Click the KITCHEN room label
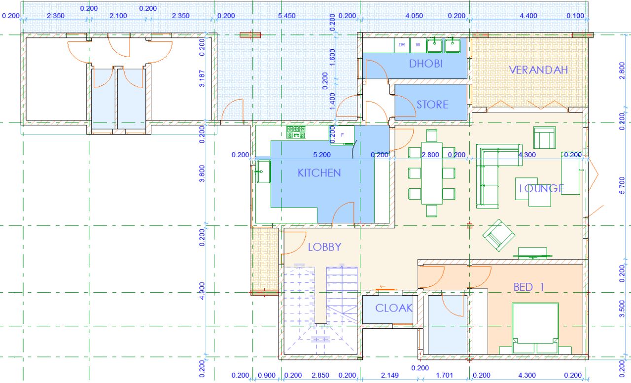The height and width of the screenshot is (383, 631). (x=319, y=173)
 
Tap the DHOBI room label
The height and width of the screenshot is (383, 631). (x=425, y=64)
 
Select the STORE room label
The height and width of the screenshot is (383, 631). (x=432, y=105)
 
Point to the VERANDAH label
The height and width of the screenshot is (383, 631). (x=538, y=70)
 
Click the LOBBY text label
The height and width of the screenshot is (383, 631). (x=324, y=247)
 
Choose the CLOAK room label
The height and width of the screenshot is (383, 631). (x=394, y=308)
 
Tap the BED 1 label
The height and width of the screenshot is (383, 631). (x=528, y=287)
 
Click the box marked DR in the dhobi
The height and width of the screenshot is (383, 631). (x=402, y=45)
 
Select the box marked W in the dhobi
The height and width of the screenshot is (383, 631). (x=418, y=45)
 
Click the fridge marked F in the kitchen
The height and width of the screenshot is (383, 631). (x=342, y=135)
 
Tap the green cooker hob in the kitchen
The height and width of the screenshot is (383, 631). (x=296, y=133)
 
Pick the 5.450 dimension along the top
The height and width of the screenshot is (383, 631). (x=287, y=16)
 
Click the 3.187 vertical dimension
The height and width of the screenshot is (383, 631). (x=202, y=78)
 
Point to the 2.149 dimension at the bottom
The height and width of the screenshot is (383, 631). (x=390, y=376)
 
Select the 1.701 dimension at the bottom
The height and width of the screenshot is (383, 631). (x=445, y=376)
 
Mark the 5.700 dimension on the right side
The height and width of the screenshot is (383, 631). (x=622, y=185)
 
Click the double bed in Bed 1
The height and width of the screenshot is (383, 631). (x=535, y=328)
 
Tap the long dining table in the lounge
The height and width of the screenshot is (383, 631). (x=432, y=173)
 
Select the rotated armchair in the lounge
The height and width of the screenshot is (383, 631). (x=499, y=236)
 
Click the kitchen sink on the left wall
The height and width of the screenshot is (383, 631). (x=263, y=171)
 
